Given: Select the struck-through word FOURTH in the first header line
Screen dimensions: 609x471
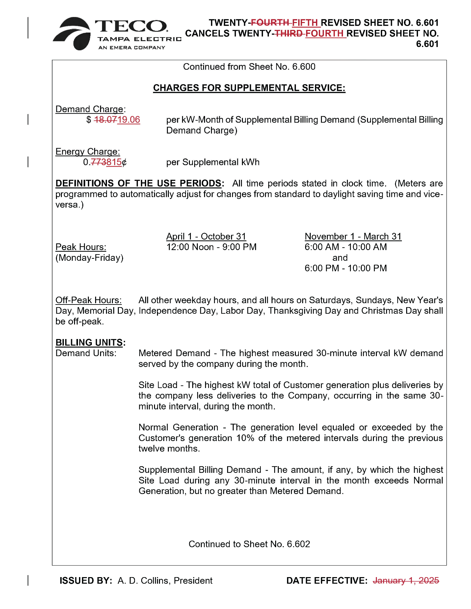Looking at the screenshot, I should click(270, 23).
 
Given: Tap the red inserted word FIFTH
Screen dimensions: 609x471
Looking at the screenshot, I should click(305, 23).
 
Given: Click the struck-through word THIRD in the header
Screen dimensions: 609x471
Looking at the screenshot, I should click(288, 34).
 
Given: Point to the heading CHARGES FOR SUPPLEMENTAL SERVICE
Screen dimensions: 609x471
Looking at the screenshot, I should click(249, 88).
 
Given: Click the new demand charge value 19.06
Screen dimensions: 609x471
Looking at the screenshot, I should click(129, 120).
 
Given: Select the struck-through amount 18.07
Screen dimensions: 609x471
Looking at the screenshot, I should click(105, 120).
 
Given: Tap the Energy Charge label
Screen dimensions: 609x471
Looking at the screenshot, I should click(88, 152).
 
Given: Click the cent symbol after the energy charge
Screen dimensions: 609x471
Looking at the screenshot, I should click(124, 162).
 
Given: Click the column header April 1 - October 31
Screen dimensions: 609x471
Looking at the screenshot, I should click(206, 236).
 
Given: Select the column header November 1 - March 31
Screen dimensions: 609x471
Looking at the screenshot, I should click(353, 236).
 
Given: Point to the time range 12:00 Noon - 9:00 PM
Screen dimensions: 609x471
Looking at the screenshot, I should click(211, 247).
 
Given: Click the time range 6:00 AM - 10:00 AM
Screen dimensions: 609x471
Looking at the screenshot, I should click(346, 247).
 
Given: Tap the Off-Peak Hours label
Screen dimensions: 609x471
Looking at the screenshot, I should click(89, 300).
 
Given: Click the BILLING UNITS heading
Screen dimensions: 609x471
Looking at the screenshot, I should click(89, 343).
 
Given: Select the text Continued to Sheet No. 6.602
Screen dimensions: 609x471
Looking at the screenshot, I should click(249, 544).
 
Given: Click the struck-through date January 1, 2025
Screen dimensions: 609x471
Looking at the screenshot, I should click(406, 581).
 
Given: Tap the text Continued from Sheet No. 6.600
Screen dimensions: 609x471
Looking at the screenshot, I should click(249, 67).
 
